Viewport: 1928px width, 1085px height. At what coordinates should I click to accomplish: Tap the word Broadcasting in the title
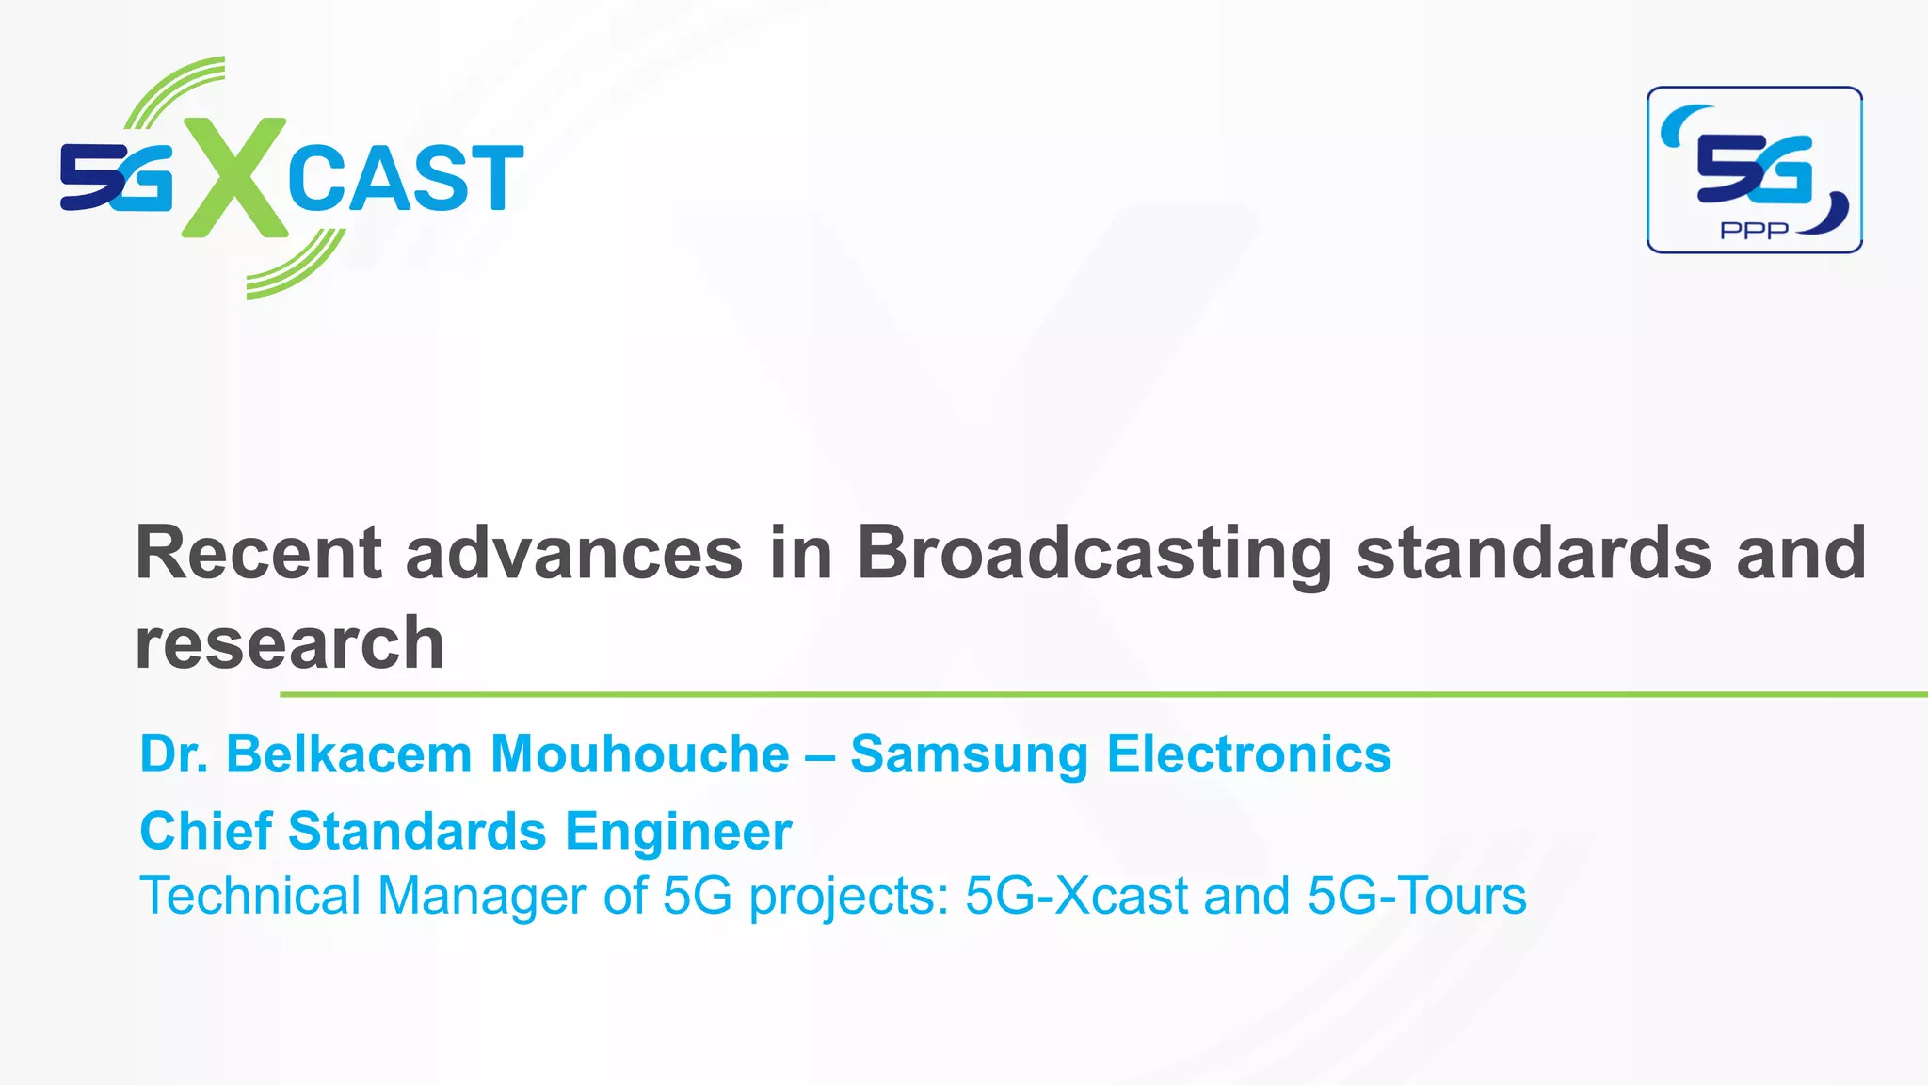[x=1094, y=554]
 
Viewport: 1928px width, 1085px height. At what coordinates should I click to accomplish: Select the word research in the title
[x=289, y=644]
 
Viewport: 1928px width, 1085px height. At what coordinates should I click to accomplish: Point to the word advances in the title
[x=574, y=554]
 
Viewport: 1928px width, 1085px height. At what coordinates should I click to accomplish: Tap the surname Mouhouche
[x=640, y=754]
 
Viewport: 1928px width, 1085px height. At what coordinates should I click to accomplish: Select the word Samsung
[x=969, y=754]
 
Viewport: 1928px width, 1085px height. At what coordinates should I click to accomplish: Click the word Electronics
[x=1248, y=754]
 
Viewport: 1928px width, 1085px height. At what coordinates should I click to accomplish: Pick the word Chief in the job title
[x=205, y=832]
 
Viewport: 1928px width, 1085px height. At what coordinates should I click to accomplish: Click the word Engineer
[x=678, y=832]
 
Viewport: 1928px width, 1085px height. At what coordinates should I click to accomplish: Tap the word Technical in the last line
[x=249, y=895]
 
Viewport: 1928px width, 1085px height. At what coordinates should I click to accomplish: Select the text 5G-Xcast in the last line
[x=1076, y=895]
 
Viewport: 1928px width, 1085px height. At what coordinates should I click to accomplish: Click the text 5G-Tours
[x=1417, y=895]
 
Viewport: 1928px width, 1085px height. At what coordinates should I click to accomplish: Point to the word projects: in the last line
[x=849, y=897]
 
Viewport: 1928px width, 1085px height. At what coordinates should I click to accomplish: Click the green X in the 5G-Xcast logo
[x=233, y=177]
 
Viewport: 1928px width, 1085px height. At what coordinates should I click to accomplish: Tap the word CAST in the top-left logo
[x=405, y=178]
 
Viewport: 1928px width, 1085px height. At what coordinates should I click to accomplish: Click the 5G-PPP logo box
[x=1755, y=170]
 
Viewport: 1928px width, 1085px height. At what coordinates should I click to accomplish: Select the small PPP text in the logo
[x=1754, y=231]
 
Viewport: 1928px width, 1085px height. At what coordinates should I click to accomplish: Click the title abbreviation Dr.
[x=173, y=754]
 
